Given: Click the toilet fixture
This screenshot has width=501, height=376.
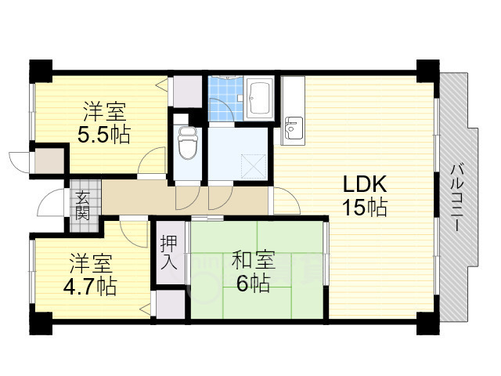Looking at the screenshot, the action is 188,143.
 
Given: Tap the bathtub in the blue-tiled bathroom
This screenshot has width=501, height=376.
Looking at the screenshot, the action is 259,98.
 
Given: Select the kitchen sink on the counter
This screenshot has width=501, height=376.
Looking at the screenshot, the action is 294,128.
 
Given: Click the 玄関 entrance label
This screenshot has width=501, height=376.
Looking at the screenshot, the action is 82,205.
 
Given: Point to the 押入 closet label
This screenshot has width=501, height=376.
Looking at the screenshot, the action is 168,252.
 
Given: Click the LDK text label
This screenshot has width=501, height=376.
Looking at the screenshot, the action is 365,184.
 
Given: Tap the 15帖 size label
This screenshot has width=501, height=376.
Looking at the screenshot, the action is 365,207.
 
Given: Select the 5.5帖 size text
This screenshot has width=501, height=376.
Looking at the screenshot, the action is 104,135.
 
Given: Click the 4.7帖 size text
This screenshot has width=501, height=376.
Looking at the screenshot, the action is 90,287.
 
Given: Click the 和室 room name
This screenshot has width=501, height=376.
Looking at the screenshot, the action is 254,260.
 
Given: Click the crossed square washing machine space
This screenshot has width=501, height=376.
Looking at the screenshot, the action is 254,166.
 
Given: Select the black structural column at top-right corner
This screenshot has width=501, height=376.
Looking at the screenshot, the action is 428,71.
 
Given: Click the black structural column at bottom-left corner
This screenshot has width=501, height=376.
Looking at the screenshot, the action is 41,324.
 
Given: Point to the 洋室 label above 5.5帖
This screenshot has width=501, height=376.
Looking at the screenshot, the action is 104,111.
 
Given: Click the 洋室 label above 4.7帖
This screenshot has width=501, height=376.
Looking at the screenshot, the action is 91,264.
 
